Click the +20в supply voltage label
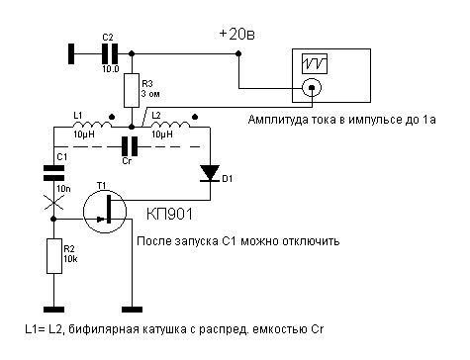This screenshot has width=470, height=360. point(236,34)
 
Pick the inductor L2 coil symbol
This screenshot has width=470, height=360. point(174,127)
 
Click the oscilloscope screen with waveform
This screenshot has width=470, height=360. point(317,64)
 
